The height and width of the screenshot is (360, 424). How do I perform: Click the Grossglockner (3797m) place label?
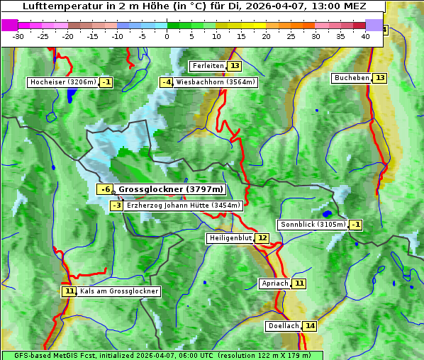tap(170, 189)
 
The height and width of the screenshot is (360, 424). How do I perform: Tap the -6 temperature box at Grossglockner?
tap(105, 189)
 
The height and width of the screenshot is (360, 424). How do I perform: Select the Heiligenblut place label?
tap(230, 238)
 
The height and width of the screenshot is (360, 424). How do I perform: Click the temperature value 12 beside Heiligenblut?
tap(262, 238)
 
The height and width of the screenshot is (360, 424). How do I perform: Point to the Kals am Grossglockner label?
tap(119, 291)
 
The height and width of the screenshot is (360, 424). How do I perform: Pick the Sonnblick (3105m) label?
tap(313, 225)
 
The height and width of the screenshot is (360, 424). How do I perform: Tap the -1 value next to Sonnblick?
tap(356, 225)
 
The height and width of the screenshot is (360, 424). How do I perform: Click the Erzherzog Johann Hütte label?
tap(184, 206)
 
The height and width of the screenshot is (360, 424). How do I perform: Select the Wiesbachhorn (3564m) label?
tap(216, 82)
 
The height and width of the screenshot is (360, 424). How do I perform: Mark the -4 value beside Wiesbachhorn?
tap(167, 82)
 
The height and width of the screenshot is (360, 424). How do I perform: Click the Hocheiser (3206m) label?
tap(62, 82)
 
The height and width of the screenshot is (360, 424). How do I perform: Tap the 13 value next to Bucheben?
tap(380, 77)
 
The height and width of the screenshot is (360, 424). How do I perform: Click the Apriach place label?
tap(275, 283)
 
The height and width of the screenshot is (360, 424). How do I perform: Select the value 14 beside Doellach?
tap(310, 326)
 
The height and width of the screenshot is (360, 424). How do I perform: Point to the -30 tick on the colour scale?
tap(18, 36)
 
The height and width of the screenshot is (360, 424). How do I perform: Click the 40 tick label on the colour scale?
tap(366, 36)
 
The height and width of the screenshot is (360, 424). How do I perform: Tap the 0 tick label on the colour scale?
tap(167, 36)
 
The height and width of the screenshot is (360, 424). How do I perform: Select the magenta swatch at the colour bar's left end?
tap(9, 25)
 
